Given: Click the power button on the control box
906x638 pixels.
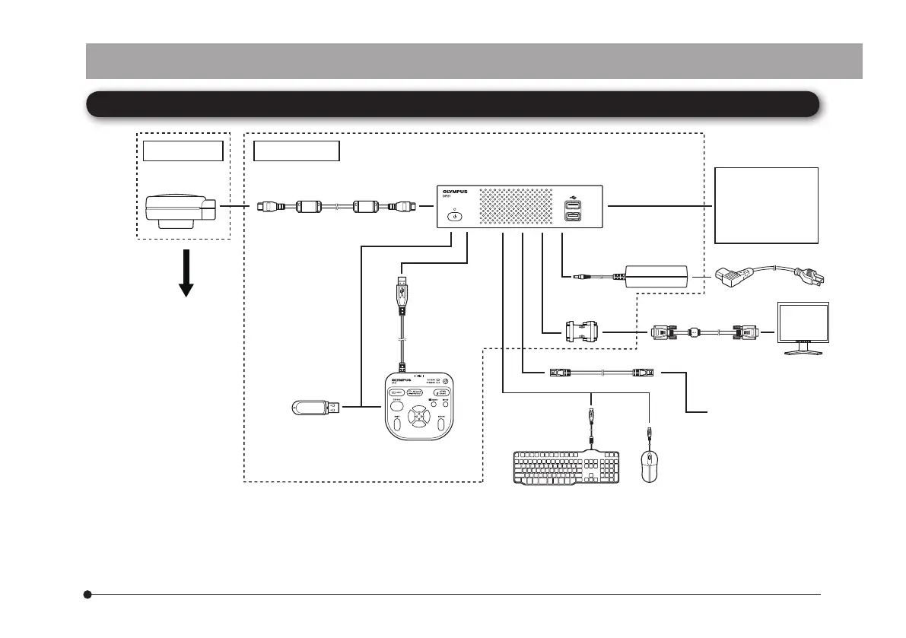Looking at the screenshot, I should pyautogui.click(x=455, y=216).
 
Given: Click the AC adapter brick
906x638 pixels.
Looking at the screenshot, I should pyautogui.click(x=656, y=277).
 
